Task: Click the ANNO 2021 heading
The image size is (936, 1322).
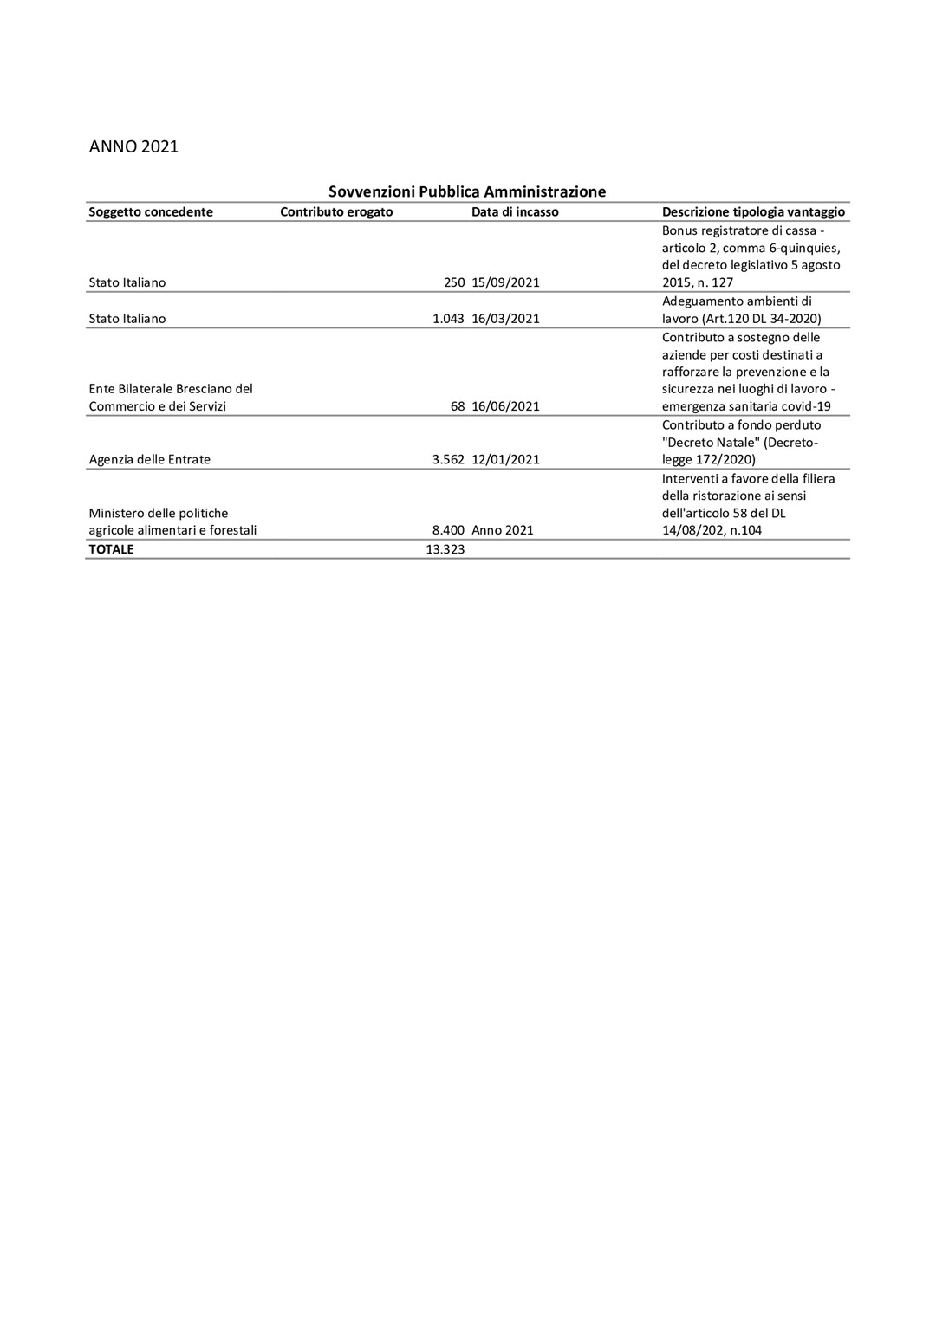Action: tap(133, 146)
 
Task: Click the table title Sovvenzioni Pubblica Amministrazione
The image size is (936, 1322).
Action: tap(466, 191)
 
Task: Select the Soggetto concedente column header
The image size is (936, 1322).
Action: tap(151, 212)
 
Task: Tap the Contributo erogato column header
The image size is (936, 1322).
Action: tap(336, 212)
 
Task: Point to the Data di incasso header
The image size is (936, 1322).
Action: tap(515, 212)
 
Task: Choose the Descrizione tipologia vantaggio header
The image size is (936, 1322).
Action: tap(753, 212)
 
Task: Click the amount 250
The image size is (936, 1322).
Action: tap(454, 282)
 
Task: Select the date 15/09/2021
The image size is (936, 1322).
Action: tap(505, 282)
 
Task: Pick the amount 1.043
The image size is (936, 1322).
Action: tap(448, 319)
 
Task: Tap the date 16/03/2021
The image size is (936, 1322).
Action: tap(505, 319)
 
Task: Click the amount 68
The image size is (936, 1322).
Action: tap(458, 406)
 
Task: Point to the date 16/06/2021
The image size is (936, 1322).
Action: tap(505, 406)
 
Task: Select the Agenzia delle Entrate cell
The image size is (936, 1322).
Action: tap(149, 460)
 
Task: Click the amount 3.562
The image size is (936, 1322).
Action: tap(448, 460)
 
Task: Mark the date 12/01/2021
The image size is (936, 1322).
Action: tap(505, 460)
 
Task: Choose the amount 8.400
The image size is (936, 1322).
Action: tap(448, 530)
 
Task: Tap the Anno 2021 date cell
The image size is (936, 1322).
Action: tap(503, 530)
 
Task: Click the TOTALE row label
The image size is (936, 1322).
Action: tap(111, 549)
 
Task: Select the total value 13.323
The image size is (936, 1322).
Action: tap(445, 549)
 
